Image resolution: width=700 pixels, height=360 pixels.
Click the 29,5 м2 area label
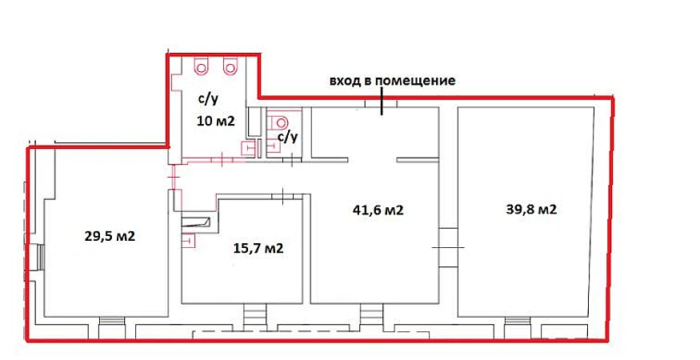(110, 236)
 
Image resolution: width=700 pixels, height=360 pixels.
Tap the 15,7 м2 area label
(258, 248)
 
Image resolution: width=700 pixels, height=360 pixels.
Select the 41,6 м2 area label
(378, 210)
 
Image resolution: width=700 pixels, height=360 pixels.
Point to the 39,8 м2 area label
(531, 209)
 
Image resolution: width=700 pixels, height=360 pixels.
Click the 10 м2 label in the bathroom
(216, 121)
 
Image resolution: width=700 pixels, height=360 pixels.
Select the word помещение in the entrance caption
(415, 82)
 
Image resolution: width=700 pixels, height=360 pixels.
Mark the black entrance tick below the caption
(382, 102)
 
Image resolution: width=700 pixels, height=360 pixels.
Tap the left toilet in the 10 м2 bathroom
(201, 66)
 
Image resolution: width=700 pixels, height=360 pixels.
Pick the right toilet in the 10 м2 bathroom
(230, 66)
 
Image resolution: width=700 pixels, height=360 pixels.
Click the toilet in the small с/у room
(280, 122)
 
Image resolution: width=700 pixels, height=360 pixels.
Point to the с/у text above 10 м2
(209, 98)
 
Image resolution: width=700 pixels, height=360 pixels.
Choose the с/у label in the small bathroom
(287, 137)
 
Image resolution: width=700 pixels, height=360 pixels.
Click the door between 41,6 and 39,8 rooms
(448, 247)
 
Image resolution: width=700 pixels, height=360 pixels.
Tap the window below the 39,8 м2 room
(518, 320)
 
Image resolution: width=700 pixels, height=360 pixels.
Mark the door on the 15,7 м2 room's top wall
(284, 196)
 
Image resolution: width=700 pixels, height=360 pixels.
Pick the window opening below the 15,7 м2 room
(255, 317)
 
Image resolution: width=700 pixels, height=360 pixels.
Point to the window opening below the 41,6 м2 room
(371, 317)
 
